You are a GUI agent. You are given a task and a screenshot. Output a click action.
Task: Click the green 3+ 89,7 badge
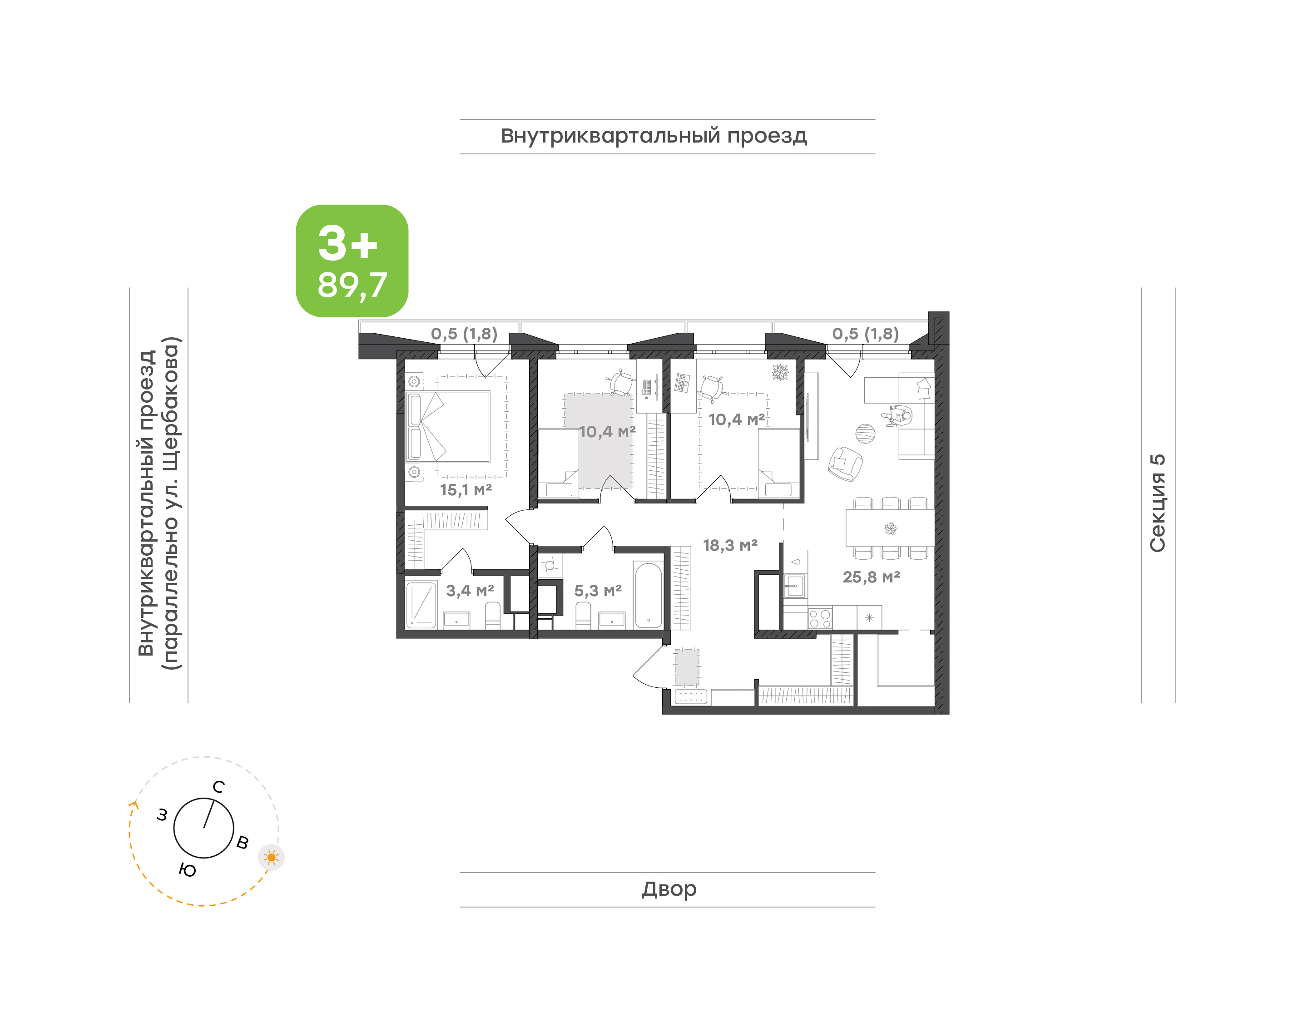point(352,261)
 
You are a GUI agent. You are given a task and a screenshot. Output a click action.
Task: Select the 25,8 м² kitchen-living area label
point(871,577)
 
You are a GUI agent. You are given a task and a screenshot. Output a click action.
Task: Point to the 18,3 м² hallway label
point(730,545)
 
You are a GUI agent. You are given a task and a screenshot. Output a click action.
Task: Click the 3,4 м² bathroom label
point(470,591)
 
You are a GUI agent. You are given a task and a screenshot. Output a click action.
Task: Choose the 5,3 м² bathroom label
point(598,591)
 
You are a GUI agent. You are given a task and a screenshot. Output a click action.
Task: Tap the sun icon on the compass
point(272,857)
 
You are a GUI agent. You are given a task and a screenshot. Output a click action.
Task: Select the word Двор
point(669,889)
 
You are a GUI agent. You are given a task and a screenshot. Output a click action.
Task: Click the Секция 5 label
point(1157,503)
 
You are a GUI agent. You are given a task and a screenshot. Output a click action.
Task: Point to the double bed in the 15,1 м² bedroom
point(448,427)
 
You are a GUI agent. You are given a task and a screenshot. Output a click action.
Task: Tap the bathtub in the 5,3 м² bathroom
point(648,595)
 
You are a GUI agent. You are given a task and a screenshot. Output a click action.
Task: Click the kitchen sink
point(794,586)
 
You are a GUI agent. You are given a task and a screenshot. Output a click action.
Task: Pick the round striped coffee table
point(865,433)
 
